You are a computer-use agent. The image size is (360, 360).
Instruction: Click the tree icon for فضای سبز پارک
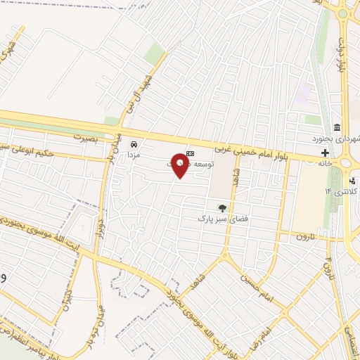point(222,207)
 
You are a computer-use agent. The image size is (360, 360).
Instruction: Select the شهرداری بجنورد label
point(340,138)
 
